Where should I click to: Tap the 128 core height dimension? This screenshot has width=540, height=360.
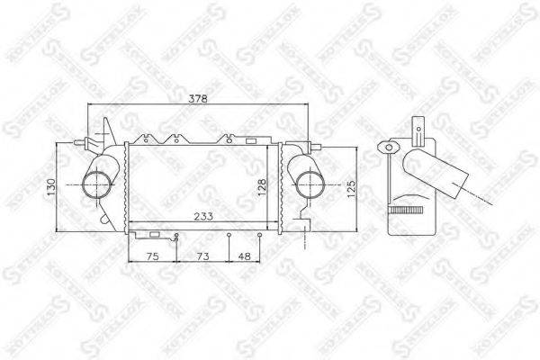261,186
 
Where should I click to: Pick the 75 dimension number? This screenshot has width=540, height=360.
152,256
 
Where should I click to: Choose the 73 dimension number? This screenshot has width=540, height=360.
202,256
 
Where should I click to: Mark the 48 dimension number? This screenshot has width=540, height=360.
245,256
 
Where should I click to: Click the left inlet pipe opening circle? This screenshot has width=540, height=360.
94,186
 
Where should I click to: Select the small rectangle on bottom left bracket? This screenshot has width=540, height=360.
154,235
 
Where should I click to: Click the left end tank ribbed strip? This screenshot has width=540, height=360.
121,187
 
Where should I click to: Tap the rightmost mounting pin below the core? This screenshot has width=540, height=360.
261,236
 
